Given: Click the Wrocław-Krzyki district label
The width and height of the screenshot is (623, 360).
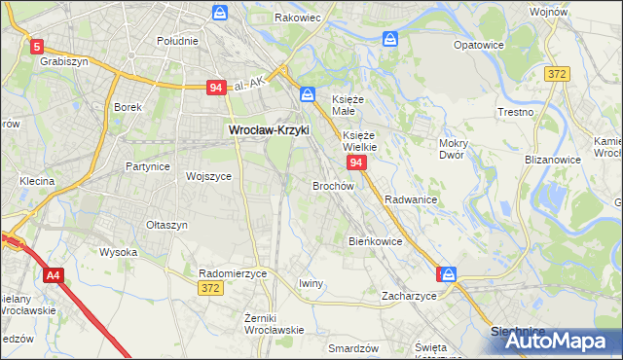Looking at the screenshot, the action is [x=268, y=128].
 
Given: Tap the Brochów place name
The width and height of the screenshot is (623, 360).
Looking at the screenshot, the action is [x=332, y=185].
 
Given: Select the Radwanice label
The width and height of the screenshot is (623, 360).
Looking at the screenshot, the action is [x=410, y=198].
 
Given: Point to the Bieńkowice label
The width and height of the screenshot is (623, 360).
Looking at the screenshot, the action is [x=376, y=240].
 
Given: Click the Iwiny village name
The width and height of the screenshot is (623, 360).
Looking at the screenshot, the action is [x=311, y=283].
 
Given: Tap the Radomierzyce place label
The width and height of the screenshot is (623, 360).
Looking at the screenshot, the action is [x=233, y=273].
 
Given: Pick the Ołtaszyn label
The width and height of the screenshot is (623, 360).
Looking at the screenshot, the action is [x=166, y=225].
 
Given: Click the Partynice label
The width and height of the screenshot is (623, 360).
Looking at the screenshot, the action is [x=148, y=166].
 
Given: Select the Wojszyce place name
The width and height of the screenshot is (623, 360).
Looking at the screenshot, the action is [x=208, y=176].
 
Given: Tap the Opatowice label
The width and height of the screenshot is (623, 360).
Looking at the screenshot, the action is [x=479, y=45].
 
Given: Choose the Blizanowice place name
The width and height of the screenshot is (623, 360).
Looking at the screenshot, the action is [x=553, y=157].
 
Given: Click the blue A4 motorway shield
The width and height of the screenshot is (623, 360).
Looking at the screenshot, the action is [x=53, y=276].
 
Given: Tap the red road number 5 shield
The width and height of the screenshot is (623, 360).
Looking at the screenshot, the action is [x=37, y=46].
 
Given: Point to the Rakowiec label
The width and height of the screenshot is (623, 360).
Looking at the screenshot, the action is [x=297, y=18].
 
